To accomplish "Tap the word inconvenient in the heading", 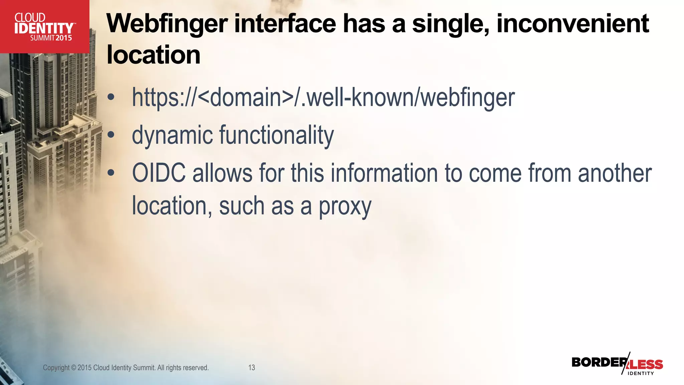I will pyautogui.click(x=572, y=24).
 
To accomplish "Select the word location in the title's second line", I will pyautogui.click(x=153, y=55).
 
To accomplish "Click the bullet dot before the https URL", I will pyautogui.click(x=111, y=98).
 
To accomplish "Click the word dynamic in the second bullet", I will pyautogui.click(x=172, y=135).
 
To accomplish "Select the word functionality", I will pyautogui.click(x=276, y=135).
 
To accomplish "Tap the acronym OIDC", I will pyautogui.click(x=159, y=173).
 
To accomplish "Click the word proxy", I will pyautogui.click(x=345, y=207).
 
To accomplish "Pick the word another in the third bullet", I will pyautogui.click(x=615, y=173).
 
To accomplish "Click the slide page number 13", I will pyautogui.click(x=251, y=368).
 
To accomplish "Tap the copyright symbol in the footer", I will pyautogui.click(x=73, y=368).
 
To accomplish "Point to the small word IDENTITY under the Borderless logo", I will pyautogui.click(x=641, y=373).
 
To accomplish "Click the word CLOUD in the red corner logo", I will pyautogui.click(x=30, y=18).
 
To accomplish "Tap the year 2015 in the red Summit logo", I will pyautogui.click(x=64, y=38).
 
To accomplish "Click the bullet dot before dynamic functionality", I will pyautogui.click(x=111, y=135).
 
